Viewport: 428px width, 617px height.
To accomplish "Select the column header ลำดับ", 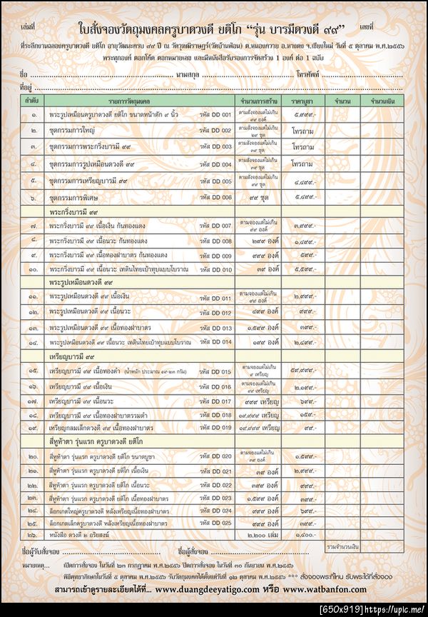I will pyautogui.click(x=32, y=102).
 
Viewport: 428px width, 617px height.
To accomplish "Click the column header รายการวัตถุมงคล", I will pyautogui.click(x=121, y=102).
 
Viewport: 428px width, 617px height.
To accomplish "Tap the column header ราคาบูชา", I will pyautogui.click(x=303, y=102).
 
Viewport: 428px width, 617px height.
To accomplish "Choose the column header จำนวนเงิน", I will pyautogui.click(x=374, y=102).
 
